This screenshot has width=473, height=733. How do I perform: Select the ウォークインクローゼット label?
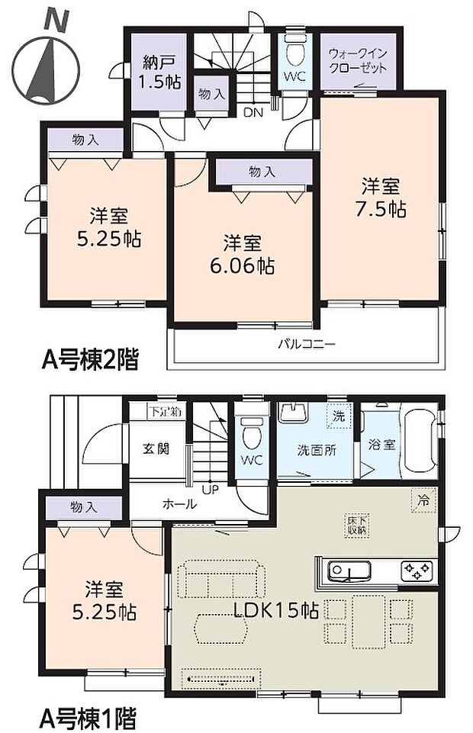click(357, 60)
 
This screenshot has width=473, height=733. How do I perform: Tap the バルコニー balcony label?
click(306, 344)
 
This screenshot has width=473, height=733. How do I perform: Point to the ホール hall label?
click(180, 504)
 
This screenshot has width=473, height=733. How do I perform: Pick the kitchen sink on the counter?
click(349, 570)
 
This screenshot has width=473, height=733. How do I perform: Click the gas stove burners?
click(417, 569)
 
